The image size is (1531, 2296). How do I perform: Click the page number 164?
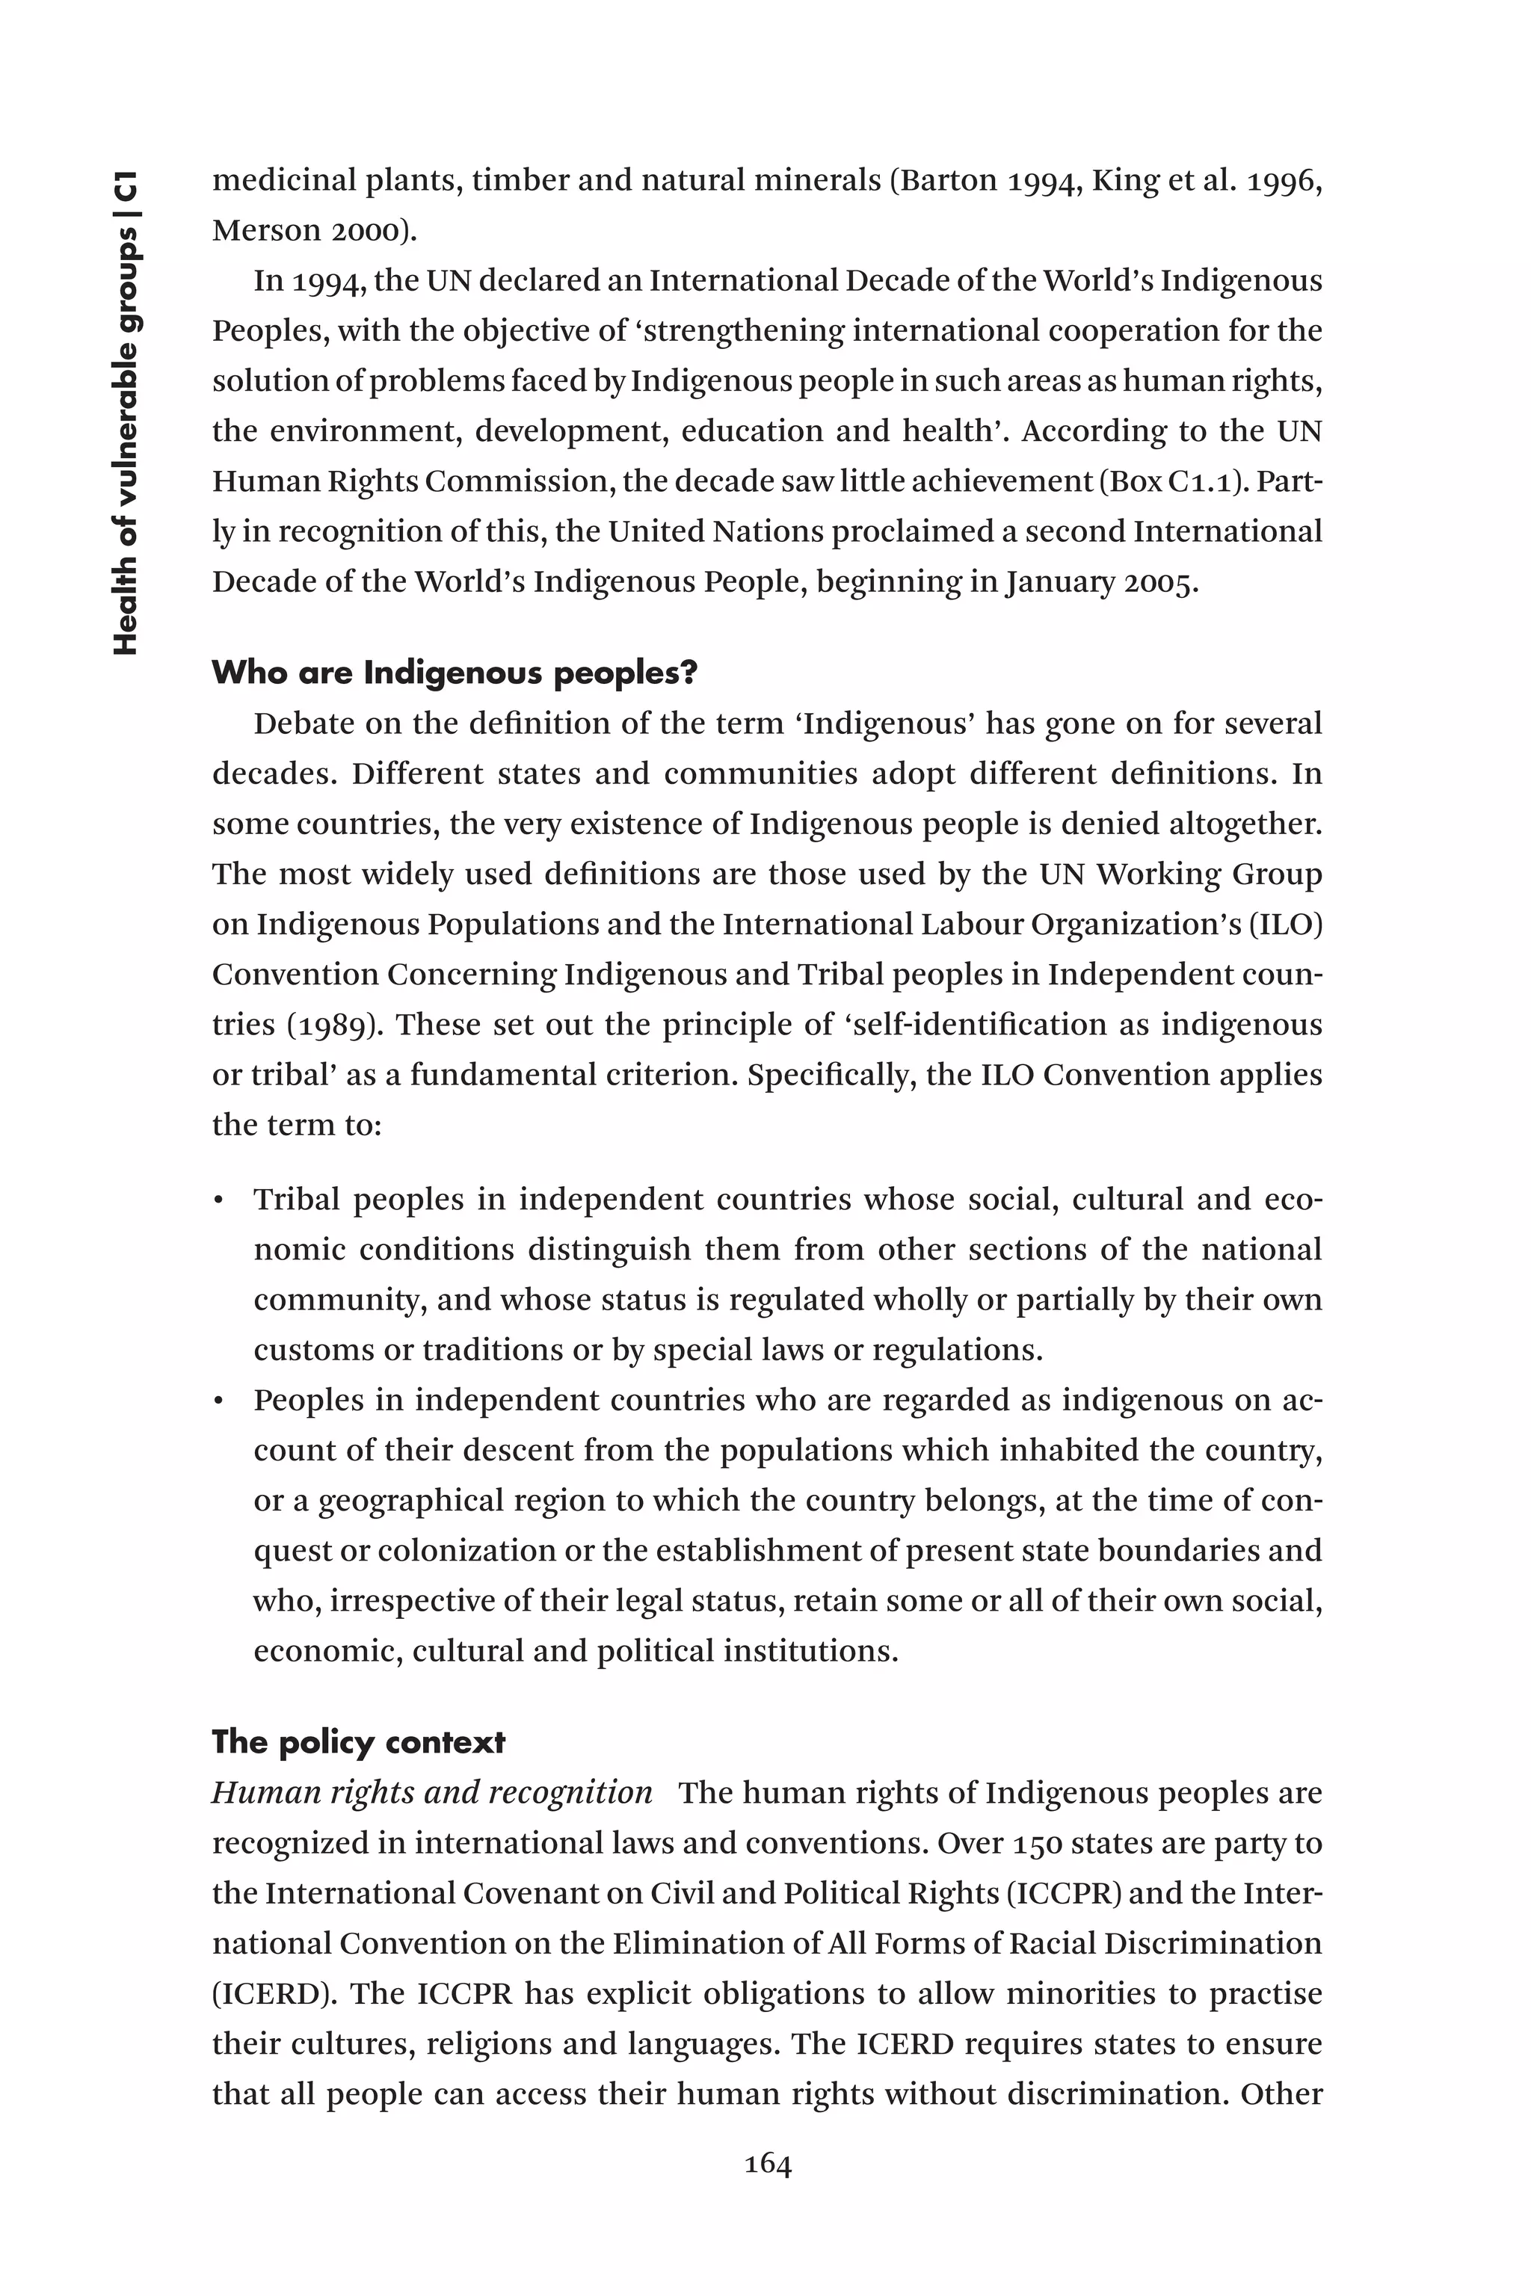click(x=768, y=2165)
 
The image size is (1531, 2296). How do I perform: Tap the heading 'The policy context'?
click(x=358, y=1742)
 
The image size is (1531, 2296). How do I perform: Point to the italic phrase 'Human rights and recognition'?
click(x=433, y=1793)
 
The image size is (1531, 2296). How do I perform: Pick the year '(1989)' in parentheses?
click(x=329, y=1025)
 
